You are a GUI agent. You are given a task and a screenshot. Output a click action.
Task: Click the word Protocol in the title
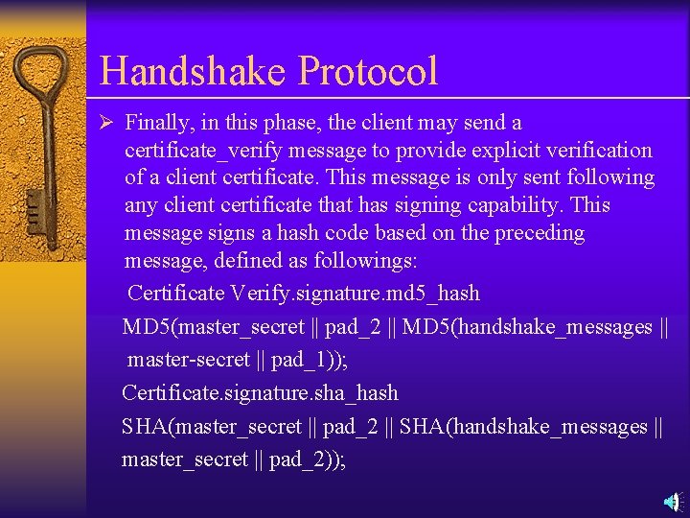(x=368, y=71)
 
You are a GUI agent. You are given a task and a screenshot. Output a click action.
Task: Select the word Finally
(x=157, y=123)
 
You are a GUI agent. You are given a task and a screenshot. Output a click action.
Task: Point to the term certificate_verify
(x=198, y=151)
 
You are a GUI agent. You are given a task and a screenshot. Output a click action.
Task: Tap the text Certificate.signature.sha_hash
(x=260, y=392)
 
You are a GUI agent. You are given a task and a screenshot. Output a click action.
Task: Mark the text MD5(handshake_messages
(x=526, y=326)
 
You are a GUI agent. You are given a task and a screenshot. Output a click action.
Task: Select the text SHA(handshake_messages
(x=523, y=426)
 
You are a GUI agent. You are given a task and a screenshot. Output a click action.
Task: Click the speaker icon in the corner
(x=673, y=502)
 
